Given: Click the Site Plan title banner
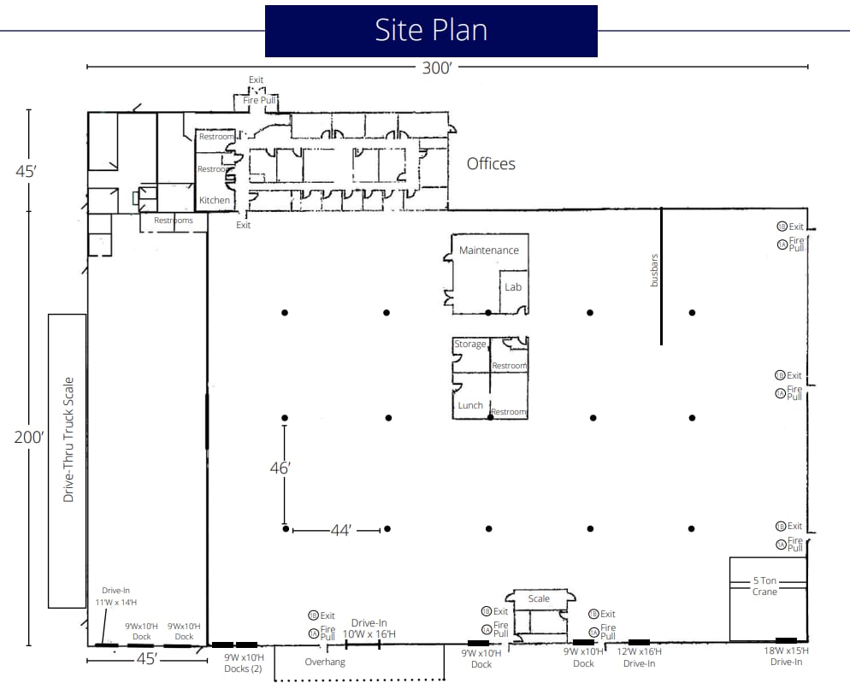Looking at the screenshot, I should (431, 31).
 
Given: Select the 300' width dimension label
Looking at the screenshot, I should (436, 68).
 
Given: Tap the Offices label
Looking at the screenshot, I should (491, 163).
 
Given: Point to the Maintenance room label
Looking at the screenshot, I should (489, 250).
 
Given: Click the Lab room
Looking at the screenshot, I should (513, 287).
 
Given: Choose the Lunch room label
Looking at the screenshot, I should (470, 405).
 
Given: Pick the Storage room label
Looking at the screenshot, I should (470, 344).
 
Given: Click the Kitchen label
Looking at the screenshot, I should (215, 200).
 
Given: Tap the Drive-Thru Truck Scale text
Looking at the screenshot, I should (68, 439).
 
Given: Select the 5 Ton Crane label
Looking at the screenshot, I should (765, 586).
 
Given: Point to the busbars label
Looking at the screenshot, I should (655, 268).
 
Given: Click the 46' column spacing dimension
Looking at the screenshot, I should (280, 468).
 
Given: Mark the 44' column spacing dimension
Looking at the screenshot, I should (340, 531).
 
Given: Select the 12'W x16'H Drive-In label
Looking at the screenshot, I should (640, 657).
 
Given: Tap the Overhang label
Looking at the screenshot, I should (325, 662).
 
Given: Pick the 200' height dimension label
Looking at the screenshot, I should (28, 437).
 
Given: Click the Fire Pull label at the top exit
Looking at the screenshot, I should (257, 100).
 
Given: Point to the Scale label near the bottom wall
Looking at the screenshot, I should (539, 598).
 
